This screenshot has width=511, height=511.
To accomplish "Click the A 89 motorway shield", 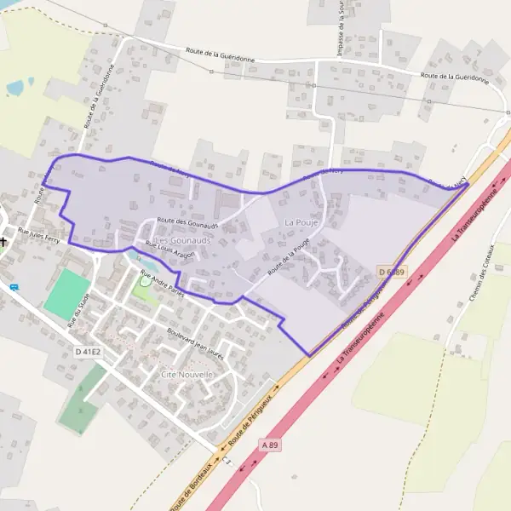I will (271, 445).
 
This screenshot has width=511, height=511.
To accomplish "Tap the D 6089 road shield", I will (393, 272).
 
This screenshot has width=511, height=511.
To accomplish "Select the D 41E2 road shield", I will (88, 352).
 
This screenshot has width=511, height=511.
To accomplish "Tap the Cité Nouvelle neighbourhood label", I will (187, 374).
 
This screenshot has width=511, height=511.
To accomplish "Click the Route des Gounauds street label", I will (188, 221).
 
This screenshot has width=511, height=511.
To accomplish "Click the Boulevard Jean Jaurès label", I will (200, 342).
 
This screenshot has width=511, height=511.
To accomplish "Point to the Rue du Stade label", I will (78, 311).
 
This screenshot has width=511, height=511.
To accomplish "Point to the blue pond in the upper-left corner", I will (16, 87).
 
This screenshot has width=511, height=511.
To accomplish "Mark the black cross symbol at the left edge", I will (4, 241).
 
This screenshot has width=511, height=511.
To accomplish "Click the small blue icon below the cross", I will (13, 287).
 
